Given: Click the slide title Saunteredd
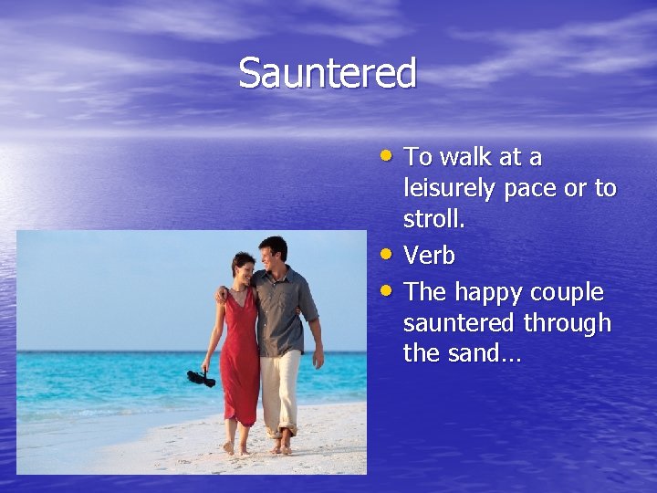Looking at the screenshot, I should tap(328, 73).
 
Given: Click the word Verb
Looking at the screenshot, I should tap(429, 256).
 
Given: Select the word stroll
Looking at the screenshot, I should tap(433, 220).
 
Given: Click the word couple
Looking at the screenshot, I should tap(566, 292).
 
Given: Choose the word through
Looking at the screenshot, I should tap(568, 323).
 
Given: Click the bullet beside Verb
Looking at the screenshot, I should tap(389, 253).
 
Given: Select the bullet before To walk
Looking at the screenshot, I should tap(389, 154).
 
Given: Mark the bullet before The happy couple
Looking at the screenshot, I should tap(389, 289).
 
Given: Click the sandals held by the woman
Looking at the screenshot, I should tap(201, 377).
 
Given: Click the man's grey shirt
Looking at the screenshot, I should tap(283, 310).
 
